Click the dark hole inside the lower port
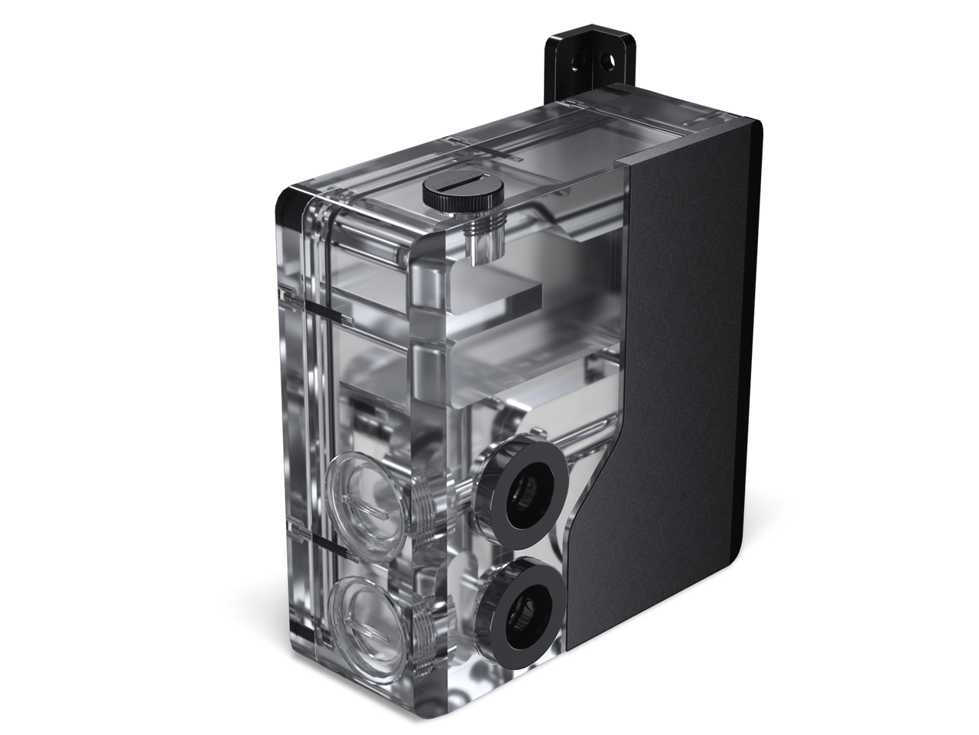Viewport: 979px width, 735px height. (x=526, y=603)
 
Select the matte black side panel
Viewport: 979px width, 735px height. (x=681, y=345)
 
